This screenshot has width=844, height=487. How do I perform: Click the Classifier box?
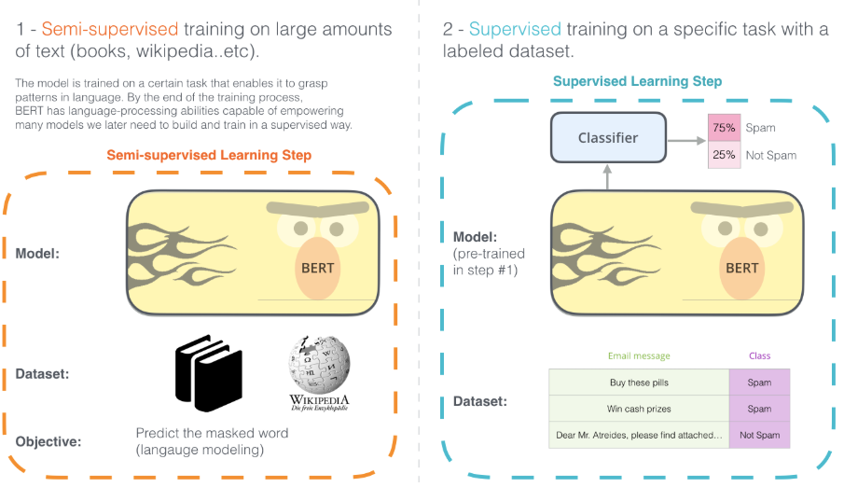[x=608, y=138]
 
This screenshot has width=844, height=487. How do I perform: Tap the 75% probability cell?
[x=724, y=128]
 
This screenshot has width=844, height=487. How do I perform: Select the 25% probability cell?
[x=724, y=155]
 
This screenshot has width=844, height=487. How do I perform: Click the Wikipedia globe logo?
[x=319, y=367]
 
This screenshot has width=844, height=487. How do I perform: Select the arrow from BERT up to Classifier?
[x=608, y=176]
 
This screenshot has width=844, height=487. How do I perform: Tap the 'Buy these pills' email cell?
[x=639, y=383]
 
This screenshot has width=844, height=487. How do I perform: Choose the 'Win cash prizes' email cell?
[x=639, y=409]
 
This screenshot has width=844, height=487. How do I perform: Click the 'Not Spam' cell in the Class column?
[x=759, y=435]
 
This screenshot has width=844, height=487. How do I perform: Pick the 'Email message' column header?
[x=639, y=355]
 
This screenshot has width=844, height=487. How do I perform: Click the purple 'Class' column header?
[x=759, y=355]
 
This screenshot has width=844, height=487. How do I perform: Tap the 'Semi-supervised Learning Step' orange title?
[x=209, y=154]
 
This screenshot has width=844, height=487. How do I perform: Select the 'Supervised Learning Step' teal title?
[x=637, y=81]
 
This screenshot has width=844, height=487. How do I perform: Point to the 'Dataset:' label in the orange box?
[x=42, y=374]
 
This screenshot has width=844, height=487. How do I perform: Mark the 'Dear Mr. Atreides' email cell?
[x=639, y=435]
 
